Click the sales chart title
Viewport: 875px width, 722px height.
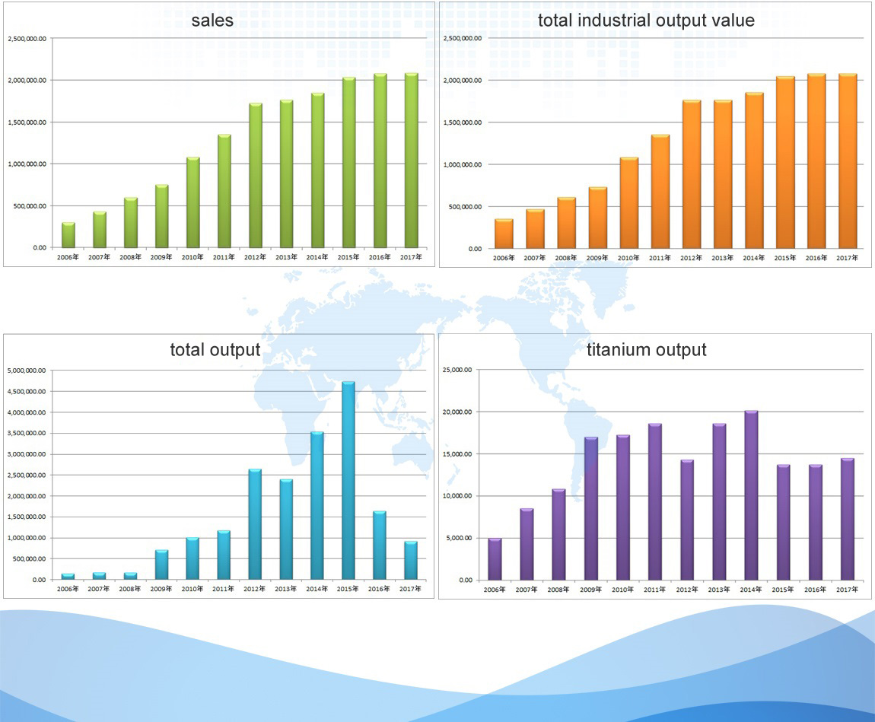tap(212, 21)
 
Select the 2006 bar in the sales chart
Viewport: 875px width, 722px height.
tap(68, 235)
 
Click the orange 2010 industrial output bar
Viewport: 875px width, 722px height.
tap(628, 203)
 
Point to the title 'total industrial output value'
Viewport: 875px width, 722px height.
tap(646, 21)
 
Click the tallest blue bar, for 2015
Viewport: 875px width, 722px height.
tap(348, 481)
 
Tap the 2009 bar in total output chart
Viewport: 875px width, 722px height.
tap(161, 565)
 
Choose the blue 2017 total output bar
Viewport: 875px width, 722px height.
tap(411, 561)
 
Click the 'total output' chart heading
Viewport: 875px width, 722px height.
tap(215, 350)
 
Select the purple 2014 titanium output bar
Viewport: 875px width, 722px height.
tap(751, 495)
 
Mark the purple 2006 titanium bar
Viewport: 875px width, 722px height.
tap(495, 559)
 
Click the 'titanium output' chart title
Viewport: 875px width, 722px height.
tap(647, 350)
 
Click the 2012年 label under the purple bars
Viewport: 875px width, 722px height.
tap(688, 590)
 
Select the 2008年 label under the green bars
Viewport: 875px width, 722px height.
tap(131, 257)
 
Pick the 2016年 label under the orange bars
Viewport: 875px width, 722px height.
tap(816, 258)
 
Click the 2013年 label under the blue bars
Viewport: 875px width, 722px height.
tap(286, 589)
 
